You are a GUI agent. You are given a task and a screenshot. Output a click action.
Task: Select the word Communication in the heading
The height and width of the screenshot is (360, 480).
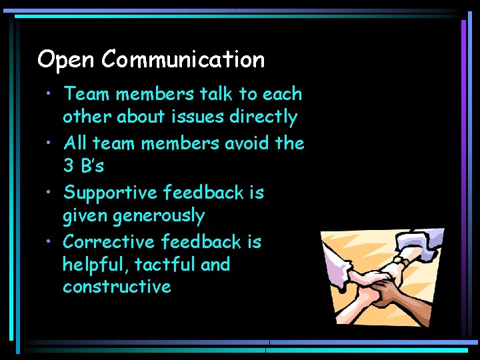[183, 60]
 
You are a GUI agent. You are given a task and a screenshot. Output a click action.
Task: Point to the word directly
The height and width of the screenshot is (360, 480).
[263, 117]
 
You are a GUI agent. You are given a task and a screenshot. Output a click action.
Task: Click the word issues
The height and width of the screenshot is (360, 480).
[199, 117]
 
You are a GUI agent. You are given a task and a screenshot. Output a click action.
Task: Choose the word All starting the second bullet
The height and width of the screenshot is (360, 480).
[75, 143]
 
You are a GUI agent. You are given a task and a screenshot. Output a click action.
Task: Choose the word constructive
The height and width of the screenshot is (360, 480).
[117, 287]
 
